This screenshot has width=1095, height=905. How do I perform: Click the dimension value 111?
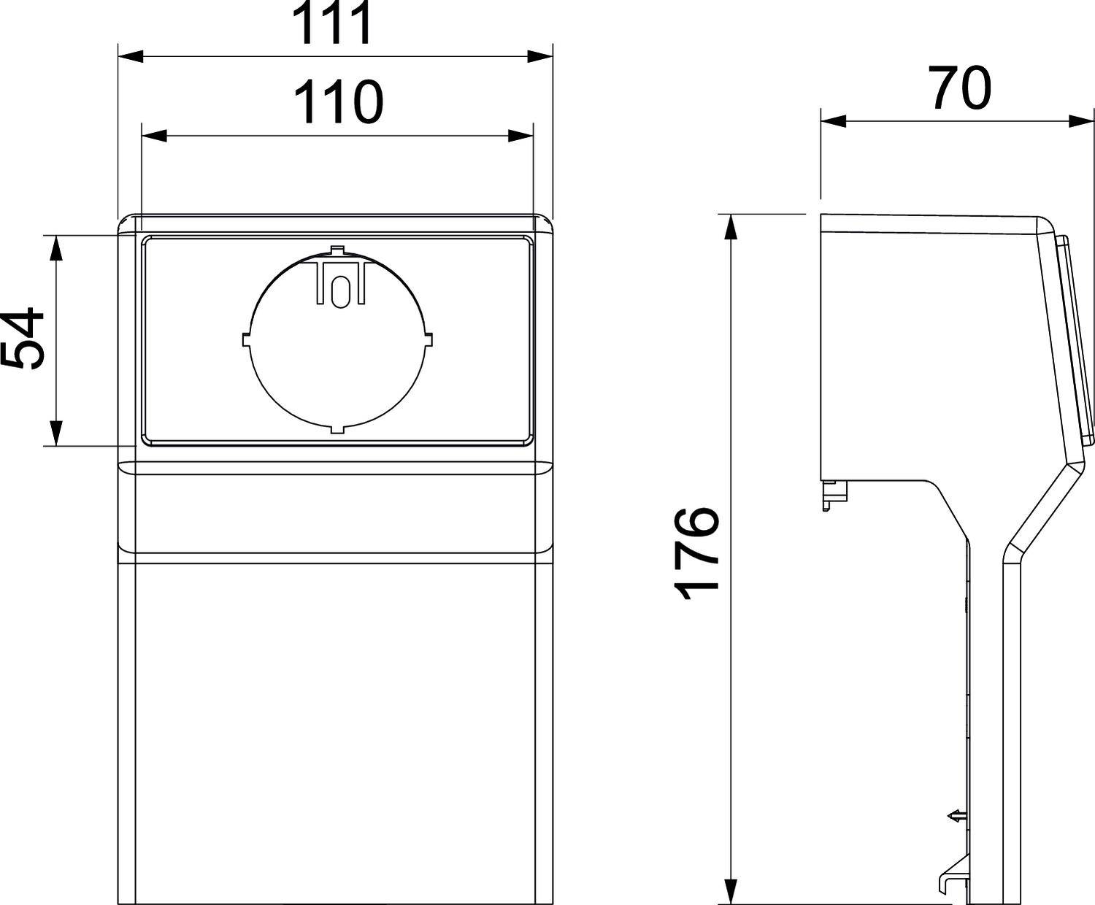tap(333, 23)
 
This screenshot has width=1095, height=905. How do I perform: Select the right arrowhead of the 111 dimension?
tap(539, 56)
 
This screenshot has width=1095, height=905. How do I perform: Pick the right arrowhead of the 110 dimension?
tap(520, 135)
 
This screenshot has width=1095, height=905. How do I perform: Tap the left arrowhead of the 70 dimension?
tap(834, 120)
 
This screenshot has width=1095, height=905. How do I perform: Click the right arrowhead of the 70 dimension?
tap(1081, 120)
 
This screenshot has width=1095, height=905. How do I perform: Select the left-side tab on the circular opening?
tap(245, 339)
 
